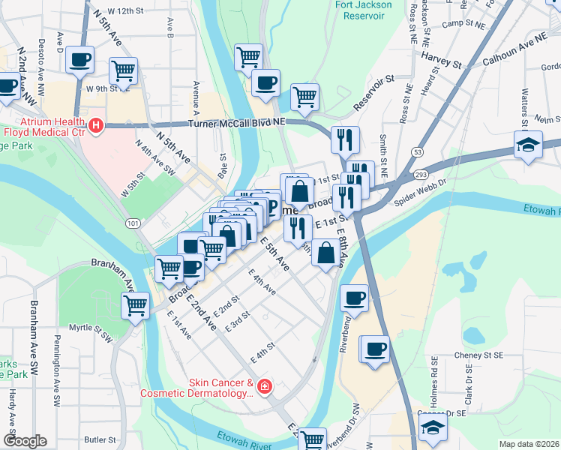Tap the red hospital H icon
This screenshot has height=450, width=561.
pyautogui.click(x=95, y=127)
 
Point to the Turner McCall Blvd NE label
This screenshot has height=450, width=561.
pyautogui.click(x=227, y=121)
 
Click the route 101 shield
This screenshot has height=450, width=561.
pyautogui.click(x=133, y=223)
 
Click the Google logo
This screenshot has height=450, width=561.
pyautogui.click(x=24, y=441)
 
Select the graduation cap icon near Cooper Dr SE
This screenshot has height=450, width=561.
pyautogui.click(x=433, y=429)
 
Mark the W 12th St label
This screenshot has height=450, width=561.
pyautogui.click(x=125, y=12)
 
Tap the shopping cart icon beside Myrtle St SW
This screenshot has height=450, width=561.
pyautogui.click(x=136, y=305)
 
